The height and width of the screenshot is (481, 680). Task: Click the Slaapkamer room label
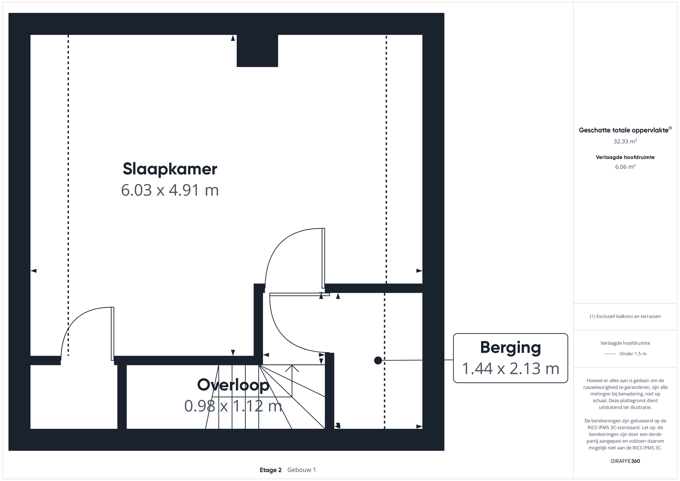170,170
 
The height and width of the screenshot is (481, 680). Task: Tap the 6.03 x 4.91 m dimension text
170,190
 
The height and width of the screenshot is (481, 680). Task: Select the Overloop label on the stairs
233,385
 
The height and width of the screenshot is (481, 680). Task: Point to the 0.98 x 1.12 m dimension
233,406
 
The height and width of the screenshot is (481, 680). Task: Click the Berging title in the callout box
510,348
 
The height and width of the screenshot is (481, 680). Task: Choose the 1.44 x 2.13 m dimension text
510,368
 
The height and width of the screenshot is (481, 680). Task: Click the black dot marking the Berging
378,360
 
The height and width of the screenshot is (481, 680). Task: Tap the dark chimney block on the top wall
257,51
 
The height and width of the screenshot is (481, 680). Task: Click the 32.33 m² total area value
625,141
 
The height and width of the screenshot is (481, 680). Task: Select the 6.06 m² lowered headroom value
625,167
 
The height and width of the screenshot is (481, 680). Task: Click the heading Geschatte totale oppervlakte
624,130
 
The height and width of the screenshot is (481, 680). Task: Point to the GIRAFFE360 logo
625,461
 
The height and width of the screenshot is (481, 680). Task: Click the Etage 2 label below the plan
270,470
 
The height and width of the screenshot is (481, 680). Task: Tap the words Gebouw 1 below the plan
301,470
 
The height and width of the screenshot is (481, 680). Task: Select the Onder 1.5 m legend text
633,354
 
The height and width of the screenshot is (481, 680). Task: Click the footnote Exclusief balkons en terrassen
625,316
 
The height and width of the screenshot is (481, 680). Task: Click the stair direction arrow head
292,368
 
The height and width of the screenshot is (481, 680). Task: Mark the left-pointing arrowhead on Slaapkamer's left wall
34,271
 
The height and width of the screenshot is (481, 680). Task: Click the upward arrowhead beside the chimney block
233,38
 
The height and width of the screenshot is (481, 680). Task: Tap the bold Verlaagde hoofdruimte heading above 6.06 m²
625,157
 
